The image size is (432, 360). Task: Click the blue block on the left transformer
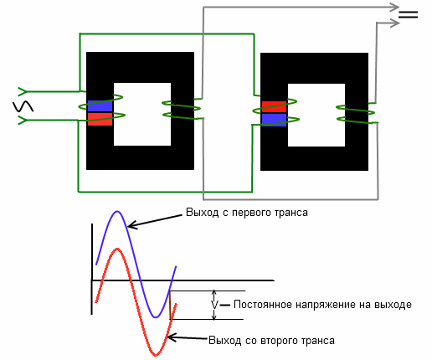point(100,106)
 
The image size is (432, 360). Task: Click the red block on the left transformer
point(100,119)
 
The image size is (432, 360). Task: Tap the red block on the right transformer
point(274,106)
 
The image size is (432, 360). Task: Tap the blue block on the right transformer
point(274,120)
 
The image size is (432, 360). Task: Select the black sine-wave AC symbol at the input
point(23,106)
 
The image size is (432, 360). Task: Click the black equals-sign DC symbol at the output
point(408,14)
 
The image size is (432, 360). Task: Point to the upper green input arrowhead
point(23,91)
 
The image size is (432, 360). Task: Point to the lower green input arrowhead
point(23,121)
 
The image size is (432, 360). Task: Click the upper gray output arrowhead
point(395,8)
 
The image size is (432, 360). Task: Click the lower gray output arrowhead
point(395,23)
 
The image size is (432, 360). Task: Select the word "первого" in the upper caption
point(250,213)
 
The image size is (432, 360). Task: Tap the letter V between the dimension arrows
point(214,305)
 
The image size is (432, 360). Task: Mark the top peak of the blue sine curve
point(117,211)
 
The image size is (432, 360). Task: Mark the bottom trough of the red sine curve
point(156,355)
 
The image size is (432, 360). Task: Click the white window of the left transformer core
point(142,114)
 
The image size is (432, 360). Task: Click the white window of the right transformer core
point(316,115)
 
